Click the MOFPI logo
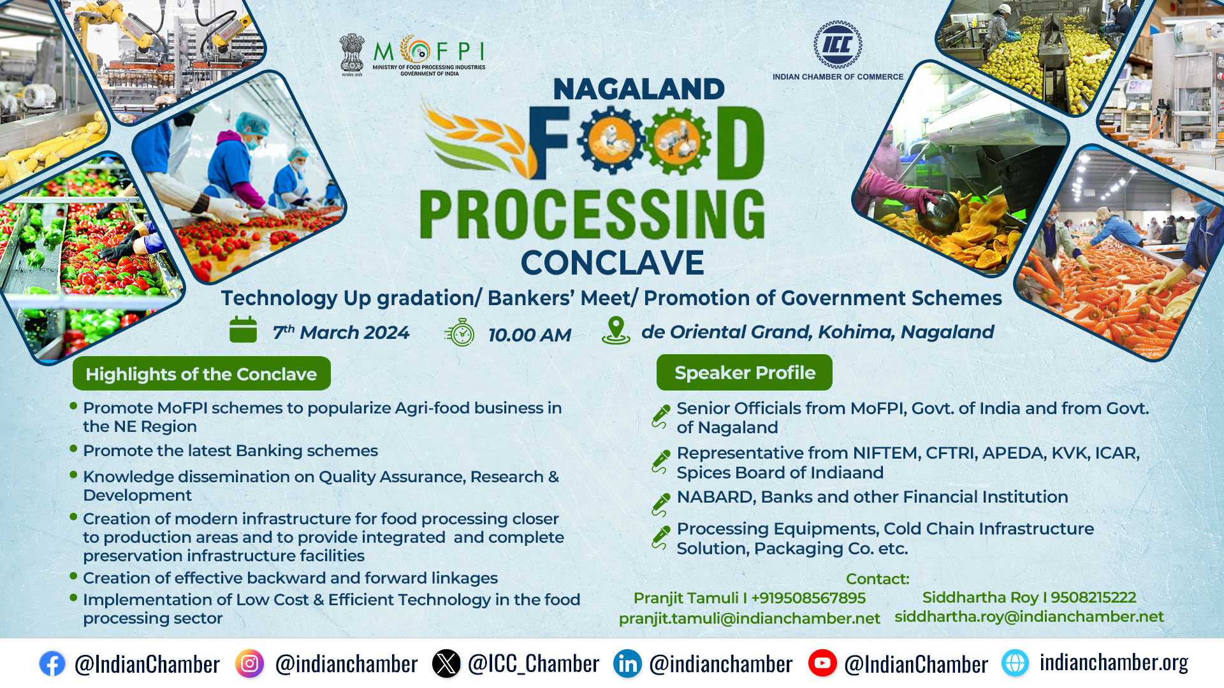412,55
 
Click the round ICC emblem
838,45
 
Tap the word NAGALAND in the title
639,89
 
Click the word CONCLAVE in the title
612,262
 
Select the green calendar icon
243,329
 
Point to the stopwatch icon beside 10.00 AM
460,333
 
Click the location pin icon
616,331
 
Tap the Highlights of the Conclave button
201,373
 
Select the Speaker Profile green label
745,373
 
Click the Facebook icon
52,664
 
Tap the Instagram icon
249,664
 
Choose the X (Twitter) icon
446,664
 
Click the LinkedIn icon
627,664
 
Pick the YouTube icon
822,663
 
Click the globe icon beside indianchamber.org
1015,663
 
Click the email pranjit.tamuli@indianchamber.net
749,619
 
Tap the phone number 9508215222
1093,598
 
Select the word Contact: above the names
877,579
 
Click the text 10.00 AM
530,335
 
